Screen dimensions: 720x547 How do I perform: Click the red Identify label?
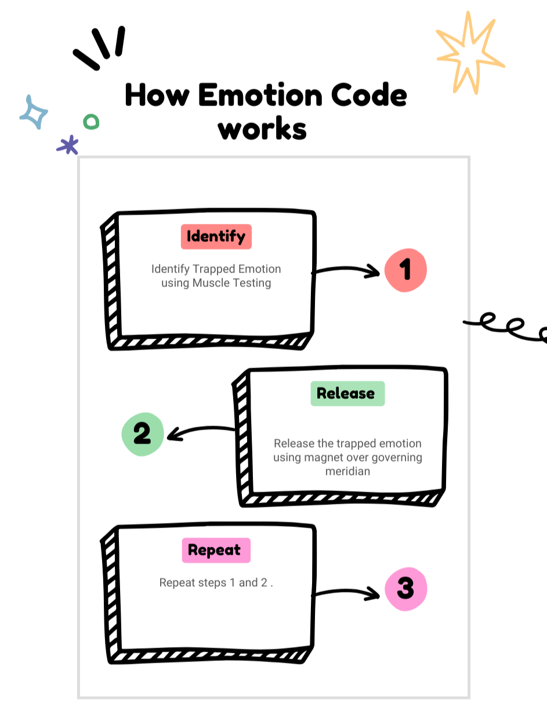[216, 237]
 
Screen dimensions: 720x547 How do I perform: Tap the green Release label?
[346, 394]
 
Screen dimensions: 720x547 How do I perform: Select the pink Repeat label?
[215, 550]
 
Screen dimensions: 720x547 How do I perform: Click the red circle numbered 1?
[405, 270]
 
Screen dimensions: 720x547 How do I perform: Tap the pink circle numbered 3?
[405, 590]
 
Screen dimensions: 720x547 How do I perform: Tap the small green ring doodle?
[91, 122]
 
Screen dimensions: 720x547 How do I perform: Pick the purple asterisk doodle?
[68, 145]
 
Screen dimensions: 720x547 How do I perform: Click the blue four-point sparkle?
[34, 112]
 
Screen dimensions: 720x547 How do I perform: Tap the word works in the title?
[262, 129]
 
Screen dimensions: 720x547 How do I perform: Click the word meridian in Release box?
[347, 471]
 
